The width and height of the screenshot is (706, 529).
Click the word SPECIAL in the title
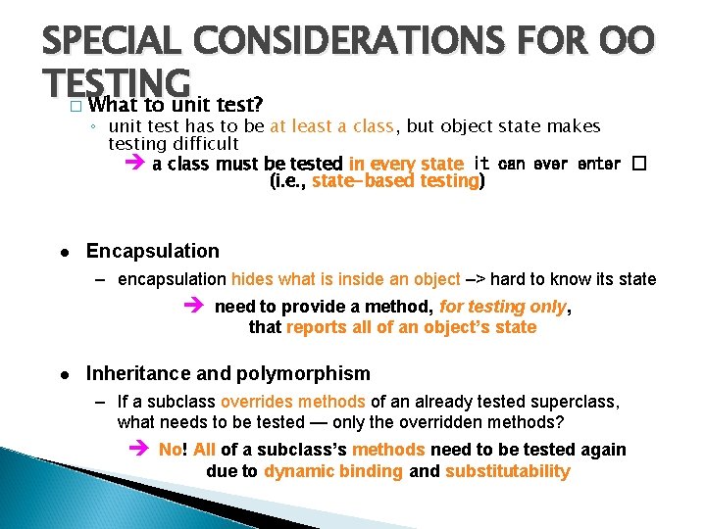117,44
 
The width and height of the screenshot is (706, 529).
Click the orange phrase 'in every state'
406,164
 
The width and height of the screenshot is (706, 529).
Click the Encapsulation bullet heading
152,251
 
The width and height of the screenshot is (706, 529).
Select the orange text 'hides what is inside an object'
345,279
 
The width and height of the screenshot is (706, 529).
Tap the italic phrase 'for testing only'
503,307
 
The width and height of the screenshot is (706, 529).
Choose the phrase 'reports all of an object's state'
411,327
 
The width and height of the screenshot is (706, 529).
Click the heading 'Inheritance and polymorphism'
227,373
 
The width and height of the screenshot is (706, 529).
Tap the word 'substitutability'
507,471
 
